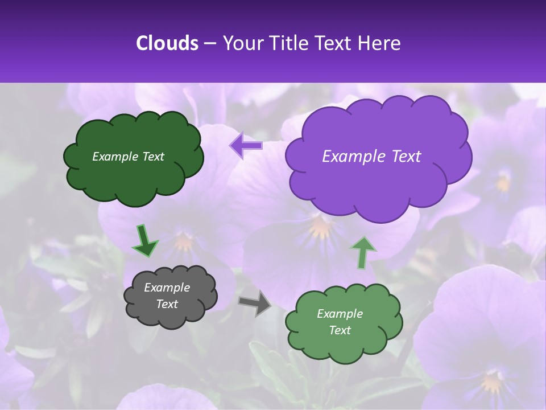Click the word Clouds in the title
pyautogui.click(x=167, y=43)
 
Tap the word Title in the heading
pyautogui.click(x=286, y=43)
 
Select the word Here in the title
pyautogui.click(x=380, y=43)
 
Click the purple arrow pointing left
pyautogui.click(x=246, y=146)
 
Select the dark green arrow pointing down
pyautogui.click(x=145, y=241)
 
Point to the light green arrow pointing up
pyautogui.click(x=362, y=253)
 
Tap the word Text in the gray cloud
pyautogui.click(x=167, y=304)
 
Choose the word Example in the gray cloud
pyautogui.click(x=167, y=288)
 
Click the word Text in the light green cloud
pyautogui.click(x=340, y=330)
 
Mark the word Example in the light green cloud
pyautogui.click(x=340, y=314)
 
